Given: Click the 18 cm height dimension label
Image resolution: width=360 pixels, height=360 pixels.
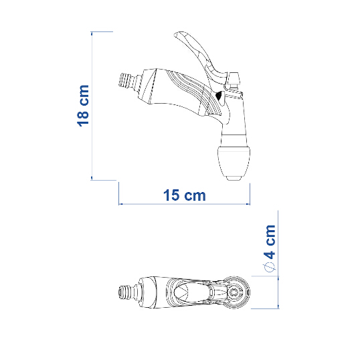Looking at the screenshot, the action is click(x=83, y=106).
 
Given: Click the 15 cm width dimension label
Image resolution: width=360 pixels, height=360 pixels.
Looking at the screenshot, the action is click(x=185, y=195).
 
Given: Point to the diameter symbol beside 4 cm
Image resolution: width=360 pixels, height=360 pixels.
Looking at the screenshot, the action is click(x=269, y=267).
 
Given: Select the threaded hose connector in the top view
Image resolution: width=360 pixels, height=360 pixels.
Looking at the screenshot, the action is click(x=127, y=292).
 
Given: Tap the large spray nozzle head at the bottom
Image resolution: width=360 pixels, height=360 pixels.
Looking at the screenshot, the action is click(x=234, y=162).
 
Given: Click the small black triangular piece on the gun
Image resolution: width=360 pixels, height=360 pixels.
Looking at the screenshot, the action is click(x=220, y=96).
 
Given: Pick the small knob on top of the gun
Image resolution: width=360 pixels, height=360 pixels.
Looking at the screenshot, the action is click(x=234, y=81).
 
